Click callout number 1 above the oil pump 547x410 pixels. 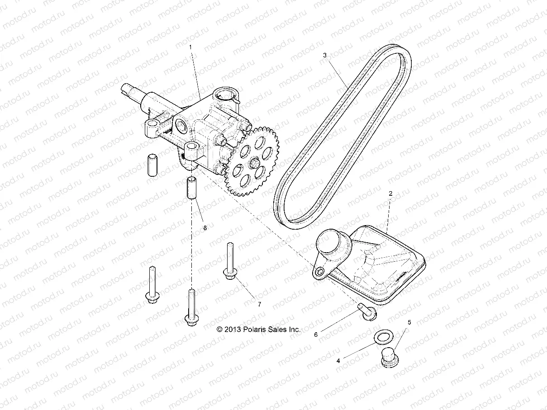coord(190,47)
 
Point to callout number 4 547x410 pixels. coord(338,361)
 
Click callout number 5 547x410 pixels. coord(410,322)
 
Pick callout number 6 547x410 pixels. coord(316,335)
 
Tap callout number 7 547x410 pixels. coord(259,304)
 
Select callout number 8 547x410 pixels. coord(205,228)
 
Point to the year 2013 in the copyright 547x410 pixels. coord(232,330)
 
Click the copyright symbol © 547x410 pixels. coord(220,330)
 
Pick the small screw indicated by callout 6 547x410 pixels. coord(366,311)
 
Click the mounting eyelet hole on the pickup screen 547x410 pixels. coord(320,271)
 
